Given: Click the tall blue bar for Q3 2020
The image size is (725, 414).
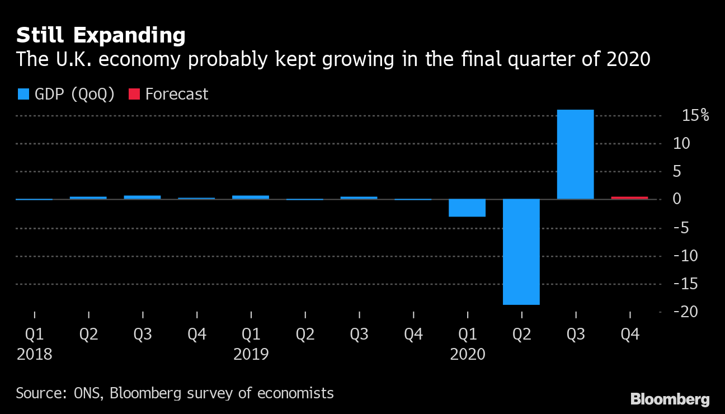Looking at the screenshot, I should pyautogui.click(x=575, y=154).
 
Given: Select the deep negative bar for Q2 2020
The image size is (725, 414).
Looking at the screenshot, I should pyautogui.click(x=521, y=252).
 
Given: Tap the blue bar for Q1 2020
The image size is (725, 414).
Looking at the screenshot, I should pyautogui.click(x=467, y=208).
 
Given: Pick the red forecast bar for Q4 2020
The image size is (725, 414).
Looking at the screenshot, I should pyautogui.click(x=629, y=197).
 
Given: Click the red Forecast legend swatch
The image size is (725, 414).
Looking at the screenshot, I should pyautogui.click(x=134, y=94).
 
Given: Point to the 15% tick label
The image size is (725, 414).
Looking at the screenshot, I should pyautogui.click(x=695, y=116).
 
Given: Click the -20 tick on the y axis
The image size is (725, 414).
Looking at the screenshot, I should pyautogui.click(x=693, y=312).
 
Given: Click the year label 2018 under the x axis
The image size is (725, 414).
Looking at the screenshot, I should pyautogui.click(x=34, y=354).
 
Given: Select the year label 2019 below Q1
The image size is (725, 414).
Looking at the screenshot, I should pyautogui.click(x=251, y=354).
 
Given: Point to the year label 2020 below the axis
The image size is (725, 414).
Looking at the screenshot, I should pyautogui.click(x=467, y=354).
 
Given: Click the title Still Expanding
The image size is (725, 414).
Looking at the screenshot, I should pyautogui.click(x=101, y=36).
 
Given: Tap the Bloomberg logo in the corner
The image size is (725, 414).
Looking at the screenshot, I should pyautogui.click(x=670, y=399).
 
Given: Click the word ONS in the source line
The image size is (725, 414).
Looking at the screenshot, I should pyautogui.click(x=88, y=393).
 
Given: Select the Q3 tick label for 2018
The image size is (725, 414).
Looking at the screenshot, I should pyautogui.click(x=143, y=335).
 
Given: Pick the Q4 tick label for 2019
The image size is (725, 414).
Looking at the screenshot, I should pyautogui.click(x=413, y=335).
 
